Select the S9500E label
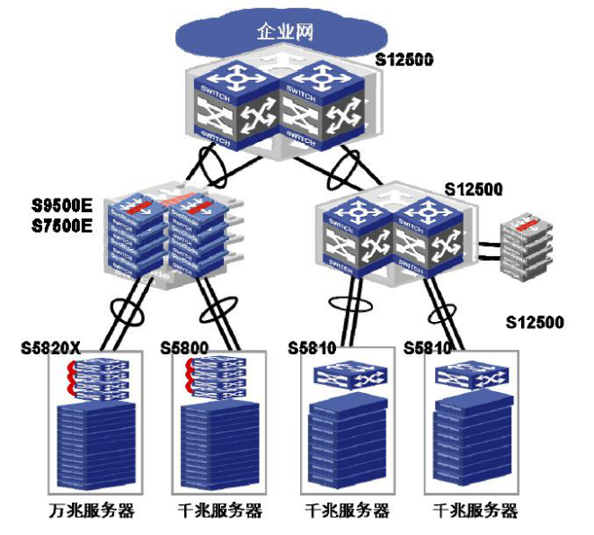point(62,204)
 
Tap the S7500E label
point(62,224)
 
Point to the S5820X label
point(52,347)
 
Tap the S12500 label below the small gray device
point(535,321)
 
